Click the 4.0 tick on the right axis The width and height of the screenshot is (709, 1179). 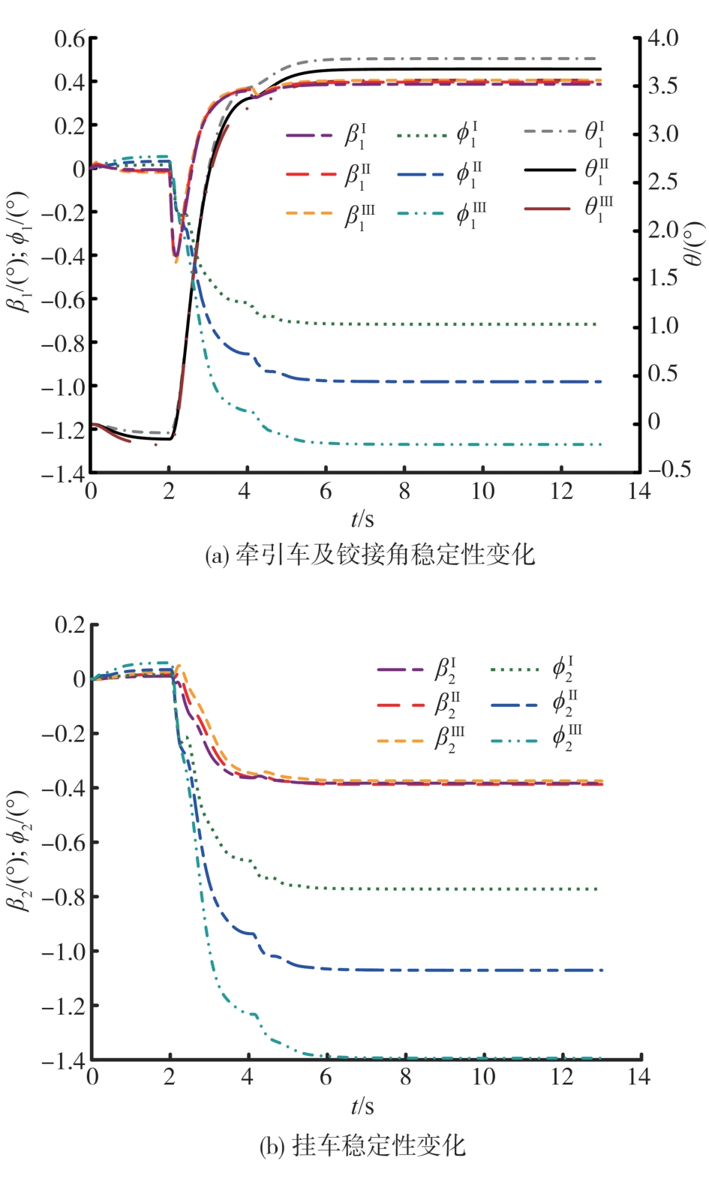tap(663, 38)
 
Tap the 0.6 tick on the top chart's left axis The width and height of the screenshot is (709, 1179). tap(70, 38)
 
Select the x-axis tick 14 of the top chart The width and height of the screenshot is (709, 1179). tap(639, 491)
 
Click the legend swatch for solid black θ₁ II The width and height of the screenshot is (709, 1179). tap(549, 170)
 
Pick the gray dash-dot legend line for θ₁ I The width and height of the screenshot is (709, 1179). tap(549, 131)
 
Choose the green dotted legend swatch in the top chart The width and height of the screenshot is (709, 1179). tap(422, 136)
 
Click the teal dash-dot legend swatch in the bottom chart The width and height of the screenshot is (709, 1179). tap(515, 740)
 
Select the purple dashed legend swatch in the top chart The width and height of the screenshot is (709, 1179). tap(309, 136)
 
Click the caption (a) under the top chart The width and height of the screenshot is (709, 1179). tap(369, 555)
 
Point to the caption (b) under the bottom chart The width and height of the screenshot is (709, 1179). tap(362, 1146)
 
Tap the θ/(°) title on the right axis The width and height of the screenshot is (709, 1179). tap(694, 243)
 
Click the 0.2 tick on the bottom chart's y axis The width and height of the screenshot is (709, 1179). tap(70, 624)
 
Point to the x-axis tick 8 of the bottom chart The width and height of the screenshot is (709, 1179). tap(405, 1077)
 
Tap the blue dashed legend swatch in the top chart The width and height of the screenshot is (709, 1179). tap(422, 175)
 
